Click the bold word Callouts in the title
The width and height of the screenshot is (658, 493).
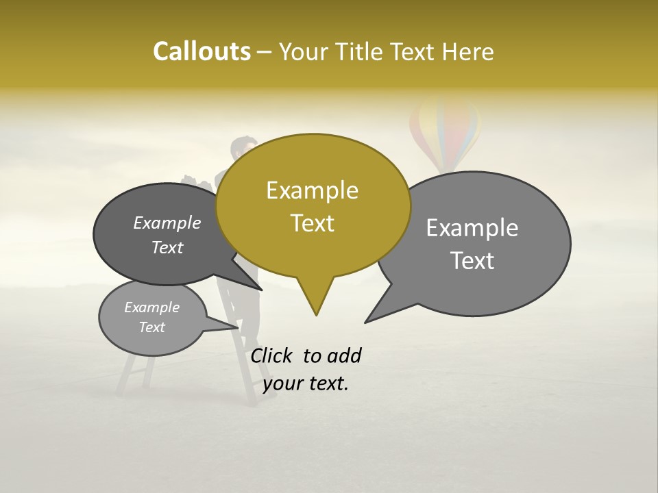202,51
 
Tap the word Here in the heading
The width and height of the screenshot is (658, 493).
468,52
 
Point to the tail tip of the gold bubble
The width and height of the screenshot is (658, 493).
316,314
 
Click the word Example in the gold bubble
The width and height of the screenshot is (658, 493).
312,190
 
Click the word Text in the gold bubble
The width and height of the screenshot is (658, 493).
312,223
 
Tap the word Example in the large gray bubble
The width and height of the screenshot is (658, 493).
472,228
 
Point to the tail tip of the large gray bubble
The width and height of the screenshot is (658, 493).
366,321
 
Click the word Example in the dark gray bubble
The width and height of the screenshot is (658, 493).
167,223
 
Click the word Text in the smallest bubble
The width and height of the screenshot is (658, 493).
151,327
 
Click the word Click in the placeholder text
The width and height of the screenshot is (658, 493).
272,355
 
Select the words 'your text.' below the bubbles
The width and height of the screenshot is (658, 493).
306,383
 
